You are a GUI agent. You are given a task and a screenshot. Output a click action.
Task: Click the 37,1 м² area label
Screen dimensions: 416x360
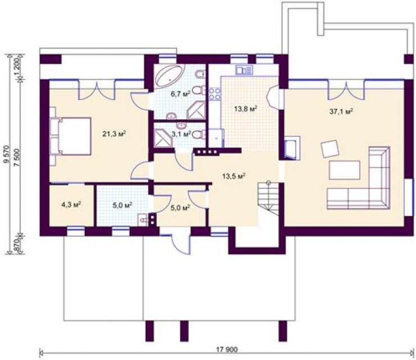pyautogui.click(x=341, y=111)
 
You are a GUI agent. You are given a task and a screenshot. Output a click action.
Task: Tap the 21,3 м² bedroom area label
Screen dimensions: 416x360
pyautogui.click(x=114, y=134)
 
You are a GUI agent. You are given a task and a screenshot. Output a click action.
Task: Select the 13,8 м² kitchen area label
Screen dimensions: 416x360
pyautogui.click(x=246, y=109)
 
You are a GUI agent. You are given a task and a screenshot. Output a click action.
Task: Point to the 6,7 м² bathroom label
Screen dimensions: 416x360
pyautogui.click(x=180, y=94)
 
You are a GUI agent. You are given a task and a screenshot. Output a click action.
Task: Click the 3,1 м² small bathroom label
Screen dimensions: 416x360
pyautogui.click(x=181, y=134)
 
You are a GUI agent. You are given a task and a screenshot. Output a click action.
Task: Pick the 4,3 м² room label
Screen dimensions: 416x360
pyautogui.click(x=71, y=204)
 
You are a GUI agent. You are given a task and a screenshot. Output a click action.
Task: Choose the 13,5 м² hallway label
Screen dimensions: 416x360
pyautogui.click(x=233, y=176)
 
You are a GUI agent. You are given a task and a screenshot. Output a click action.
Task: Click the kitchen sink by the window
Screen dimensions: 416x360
pyautogui.click(x=244, y=70)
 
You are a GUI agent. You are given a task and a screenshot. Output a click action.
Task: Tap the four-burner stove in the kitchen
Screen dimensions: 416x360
pyautogui.click(x=215, y=94)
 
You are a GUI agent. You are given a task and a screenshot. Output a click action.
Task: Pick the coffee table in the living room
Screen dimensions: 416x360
pyautogui.click(x=345, y=170)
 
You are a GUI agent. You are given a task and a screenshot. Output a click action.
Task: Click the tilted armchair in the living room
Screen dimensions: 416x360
pyautogui.click(x=330, y=149)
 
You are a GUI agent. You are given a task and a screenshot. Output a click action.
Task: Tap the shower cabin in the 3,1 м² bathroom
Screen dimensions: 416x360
pyautogui.click(x=164, y=137)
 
